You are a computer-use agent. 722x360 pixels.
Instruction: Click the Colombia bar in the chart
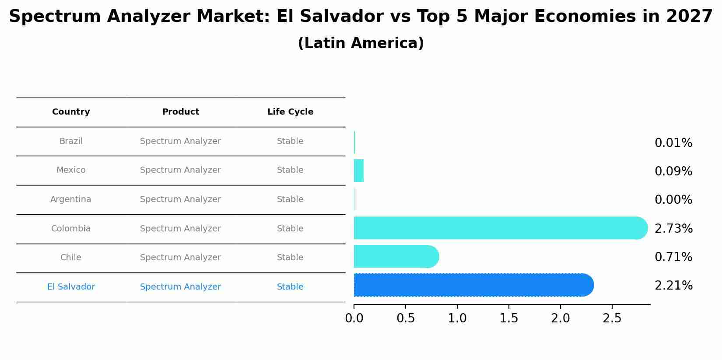coord(499,228)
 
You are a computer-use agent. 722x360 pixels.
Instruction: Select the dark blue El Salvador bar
coord(473,285)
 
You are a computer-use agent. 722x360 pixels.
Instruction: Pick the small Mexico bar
coord(359,171)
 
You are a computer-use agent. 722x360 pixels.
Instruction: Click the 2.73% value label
coord(673,228)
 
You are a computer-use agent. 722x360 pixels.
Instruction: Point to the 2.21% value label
coord(673,286)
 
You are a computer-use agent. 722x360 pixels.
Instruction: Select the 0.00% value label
coord(673,200)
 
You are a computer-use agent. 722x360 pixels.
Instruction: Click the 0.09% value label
coord(673,171)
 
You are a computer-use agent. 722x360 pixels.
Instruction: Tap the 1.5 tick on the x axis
coord(509,318)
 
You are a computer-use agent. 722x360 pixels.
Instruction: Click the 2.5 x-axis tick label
coord(612,318)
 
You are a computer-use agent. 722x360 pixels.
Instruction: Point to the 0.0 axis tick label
coord(354,318)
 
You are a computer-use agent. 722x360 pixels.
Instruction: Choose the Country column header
coord(71,112)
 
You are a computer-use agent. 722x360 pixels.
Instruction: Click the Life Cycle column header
coord(290,112)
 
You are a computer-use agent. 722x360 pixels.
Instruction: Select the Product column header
coord(181,112)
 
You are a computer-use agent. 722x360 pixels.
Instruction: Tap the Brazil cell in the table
coord(71,141)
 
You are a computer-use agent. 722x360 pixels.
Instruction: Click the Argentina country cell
coord(71,199)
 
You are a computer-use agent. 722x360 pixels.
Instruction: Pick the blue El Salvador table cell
coord(71,287)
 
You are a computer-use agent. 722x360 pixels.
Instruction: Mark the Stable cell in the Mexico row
coord(290,170)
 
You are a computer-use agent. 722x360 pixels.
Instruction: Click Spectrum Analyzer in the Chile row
coord(181,258)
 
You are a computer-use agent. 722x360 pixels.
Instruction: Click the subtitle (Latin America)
coord(361,43)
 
